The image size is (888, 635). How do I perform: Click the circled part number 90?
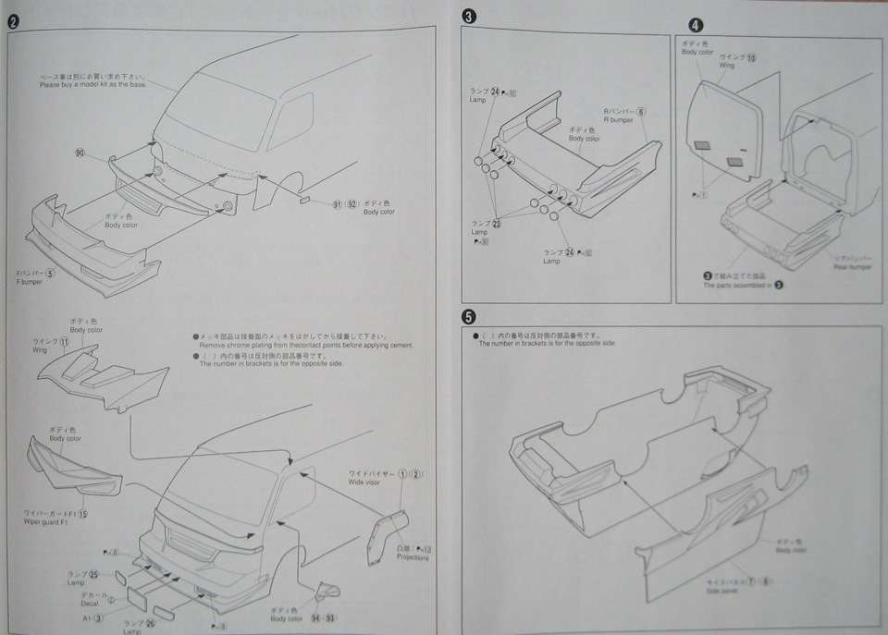pyautogui.click(x=80, y=153)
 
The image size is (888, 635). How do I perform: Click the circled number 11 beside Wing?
pyautogui.click(x=64, y=342)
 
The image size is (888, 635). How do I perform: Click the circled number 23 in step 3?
pyautogui.click(x=497, y=224)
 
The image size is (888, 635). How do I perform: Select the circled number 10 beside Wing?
pyautogui.click(x=751, y=57)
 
